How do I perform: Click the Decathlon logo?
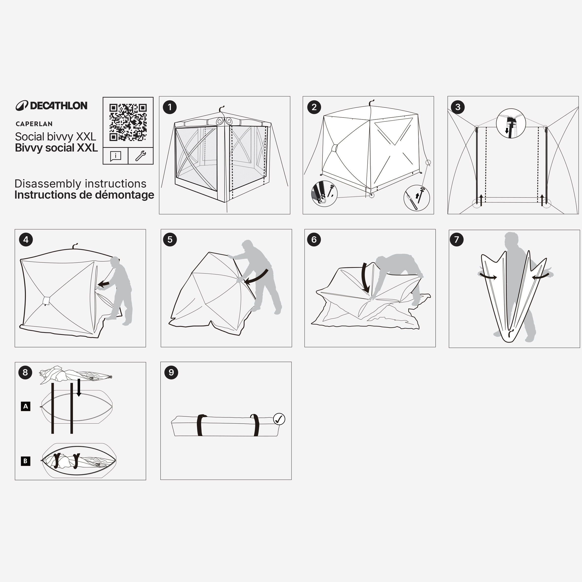point(51,105)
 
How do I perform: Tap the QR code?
point(128,122)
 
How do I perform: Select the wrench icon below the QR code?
point(141,156)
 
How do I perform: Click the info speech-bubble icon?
point(116,156)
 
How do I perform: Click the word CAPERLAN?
point(34,124)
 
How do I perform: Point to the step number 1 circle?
point(170,107)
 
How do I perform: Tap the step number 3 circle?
point(458,107)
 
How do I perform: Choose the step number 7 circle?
point(456,240)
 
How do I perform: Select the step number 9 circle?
point(171,372)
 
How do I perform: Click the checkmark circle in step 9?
point(279,419)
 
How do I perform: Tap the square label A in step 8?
point(26,406)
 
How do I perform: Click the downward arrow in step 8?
point(79,388)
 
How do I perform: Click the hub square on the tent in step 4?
point(46,300)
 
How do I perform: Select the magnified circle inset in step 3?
point(511,123)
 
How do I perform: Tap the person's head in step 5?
point(248,245)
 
